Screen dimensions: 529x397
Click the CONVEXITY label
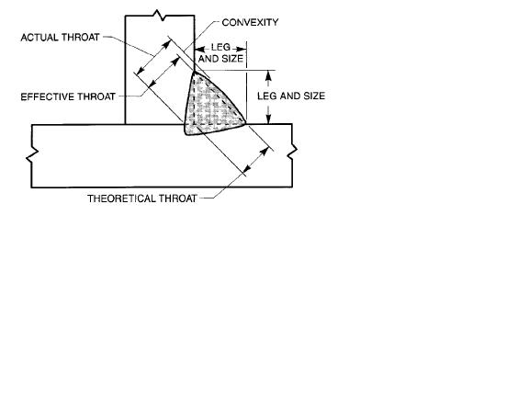[x=250, y=23]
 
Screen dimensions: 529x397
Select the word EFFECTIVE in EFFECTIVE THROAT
[x=48, y=96]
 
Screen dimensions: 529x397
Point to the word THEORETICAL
[x=121, y=198]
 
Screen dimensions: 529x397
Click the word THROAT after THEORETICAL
[x=178, y=198]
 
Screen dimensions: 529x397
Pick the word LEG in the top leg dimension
[x=220, y=47]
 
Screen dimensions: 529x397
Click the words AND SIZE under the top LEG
[x=220, y=59]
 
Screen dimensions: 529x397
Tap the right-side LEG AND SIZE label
[x=291, y=96]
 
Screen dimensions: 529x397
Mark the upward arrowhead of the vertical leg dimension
[x=268, y=75]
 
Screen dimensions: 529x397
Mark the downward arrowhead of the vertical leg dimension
[x=268, y=119]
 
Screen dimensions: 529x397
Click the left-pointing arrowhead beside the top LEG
[x=199, y=49]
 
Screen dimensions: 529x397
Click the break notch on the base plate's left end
[x=32, y=155]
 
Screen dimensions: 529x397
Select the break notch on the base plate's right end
[x=292, y=152]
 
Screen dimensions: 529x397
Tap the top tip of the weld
[x=195, y=72]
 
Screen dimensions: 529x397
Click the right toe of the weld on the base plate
[x=245, y=123]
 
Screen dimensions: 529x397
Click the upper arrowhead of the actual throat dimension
[x=166, y=44]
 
